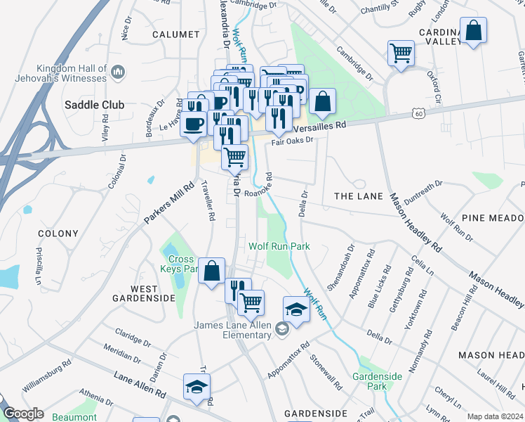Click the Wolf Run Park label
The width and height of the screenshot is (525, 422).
[x=279, y=247]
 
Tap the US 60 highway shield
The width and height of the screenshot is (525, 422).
[x=419, y=113]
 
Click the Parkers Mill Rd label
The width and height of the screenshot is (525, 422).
[x=168, y=204]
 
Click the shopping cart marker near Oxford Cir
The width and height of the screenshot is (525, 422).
[x=401, y=52]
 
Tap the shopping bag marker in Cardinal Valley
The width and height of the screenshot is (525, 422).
[x=474, y=31]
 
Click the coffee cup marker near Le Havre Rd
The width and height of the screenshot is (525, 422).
[x=193, y=124]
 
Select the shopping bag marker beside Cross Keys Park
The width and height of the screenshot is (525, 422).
[x=211, y=271]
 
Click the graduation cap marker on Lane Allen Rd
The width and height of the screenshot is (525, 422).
[x=197, y=385]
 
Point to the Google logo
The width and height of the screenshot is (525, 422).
[x=23, y=414]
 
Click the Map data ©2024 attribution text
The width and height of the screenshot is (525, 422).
[x=495, y=416]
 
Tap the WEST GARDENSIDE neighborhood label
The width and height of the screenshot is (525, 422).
[x=144, y=293]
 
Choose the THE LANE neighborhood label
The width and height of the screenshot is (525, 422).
[x=359, y=196]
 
